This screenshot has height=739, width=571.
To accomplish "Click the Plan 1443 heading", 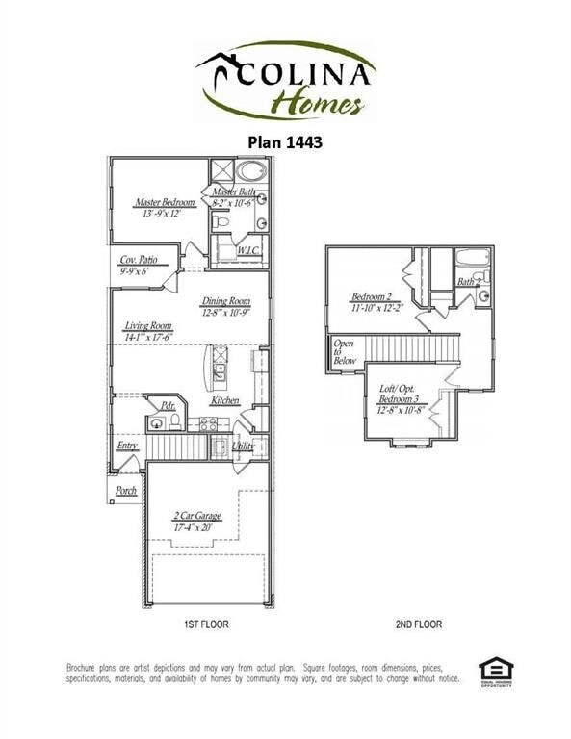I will click(285, 140).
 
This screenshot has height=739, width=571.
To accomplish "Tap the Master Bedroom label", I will click(165, 202).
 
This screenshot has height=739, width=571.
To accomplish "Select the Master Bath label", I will click(233, 193).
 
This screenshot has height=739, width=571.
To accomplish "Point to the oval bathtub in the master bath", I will click(253, 173).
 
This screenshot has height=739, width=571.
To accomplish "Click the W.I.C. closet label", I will click(248, 251).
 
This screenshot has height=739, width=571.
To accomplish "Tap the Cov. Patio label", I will click(140, 260).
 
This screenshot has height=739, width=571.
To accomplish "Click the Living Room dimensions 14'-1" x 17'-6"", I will click(148, 337).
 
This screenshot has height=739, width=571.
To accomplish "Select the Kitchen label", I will click(225, 400).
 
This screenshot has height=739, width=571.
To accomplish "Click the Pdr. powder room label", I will click(168, 405).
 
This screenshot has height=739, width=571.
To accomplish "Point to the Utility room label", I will click(243, 446).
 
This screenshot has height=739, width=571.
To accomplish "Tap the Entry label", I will click(127, 446).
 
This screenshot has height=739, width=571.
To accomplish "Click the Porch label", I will click(125, 490).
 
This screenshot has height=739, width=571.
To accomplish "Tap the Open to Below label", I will click(344, 351).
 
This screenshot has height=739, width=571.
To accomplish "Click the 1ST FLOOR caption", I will click(206, 624).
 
